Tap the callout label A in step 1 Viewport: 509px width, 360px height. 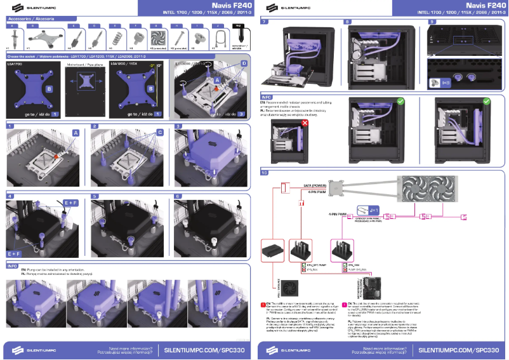[x=76, y=132]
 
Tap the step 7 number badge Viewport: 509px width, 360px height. [x=264, y=22]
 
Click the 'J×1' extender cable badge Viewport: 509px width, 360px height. [x=374, y=209]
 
